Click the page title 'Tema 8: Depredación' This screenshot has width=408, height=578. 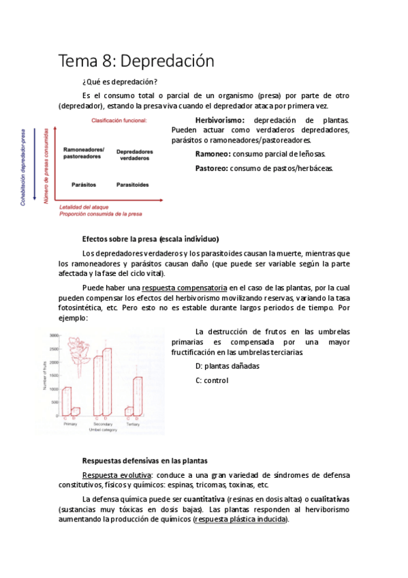click(136, 61)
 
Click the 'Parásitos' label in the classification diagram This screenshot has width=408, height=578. click(84, 185)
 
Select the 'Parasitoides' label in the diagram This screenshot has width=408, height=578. click(133, 185)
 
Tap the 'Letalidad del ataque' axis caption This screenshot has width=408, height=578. click(84, 207)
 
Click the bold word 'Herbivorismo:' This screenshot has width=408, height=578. click(219, 121)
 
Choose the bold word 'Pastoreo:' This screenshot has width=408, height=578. click(212, 168)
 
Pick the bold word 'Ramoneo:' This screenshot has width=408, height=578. click(213, 154)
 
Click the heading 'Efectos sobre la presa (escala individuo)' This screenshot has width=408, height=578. click(150, 239)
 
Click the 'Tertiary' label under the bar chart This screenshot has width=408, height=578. click(134, 424)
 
